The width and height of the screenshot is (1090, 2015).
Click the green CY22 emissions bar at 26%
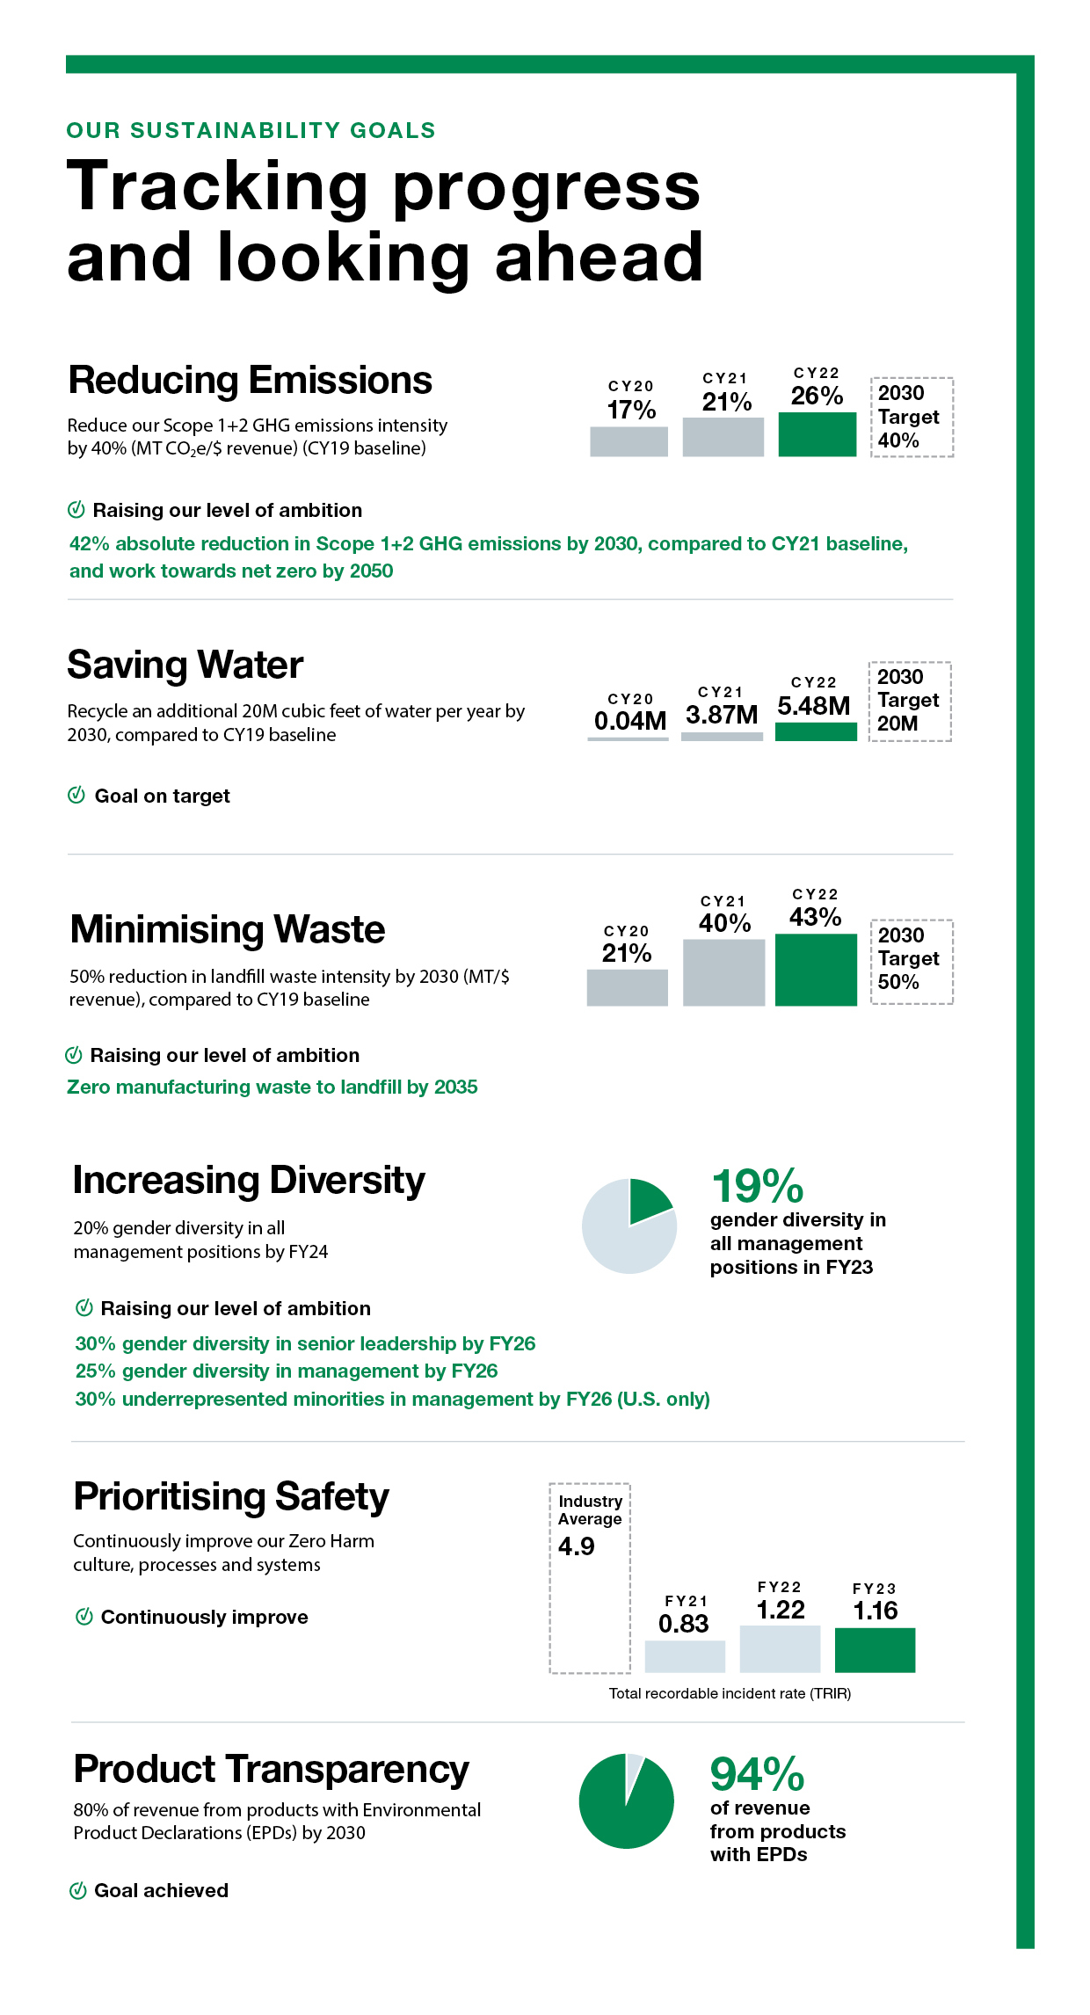817,434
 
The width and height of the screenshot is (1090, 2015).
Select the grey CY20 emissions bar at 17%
629,441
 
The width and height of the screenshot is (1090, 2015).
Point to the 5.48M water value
814,706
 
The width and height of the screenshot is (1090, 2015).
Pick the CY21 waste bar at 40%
723,972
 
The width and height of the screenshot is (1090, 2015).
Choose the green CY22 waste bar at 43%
816,970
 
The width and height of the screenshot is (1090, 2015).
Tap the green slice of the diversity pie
648,1200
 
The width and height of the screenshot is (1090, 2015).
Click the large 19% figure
758,1186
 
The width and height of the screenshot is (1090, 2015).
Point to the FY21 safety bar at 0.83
685,1656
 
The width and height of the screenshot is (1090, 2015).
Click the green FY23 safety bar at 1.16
875,1650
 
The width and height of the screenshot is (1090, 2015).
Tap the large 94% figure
758,1774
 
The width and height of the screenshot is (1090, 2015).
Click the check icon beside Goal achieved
77,1890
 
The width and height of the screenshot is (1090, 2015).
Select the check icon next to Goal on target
76,795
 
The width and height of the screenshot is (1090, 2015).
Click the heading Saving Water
185,666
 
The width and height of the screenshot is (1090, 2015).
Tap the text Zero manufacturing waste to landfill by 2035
272,1088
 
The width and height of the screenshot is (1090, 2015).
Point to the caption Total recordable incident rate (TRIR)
730,1693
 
